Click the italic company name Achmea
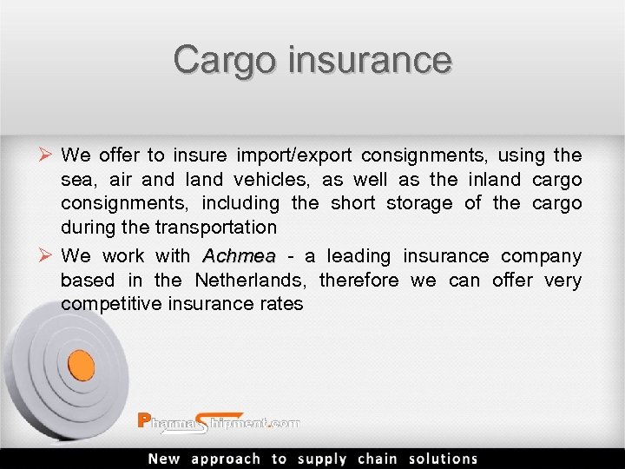point(238,256)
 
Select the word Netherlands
point(251,281)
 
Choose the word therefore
point(359,281)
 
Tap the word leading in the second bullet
point(359,256)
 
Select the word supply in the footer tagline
point(323,459)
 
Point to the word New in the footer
point(164,459)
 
